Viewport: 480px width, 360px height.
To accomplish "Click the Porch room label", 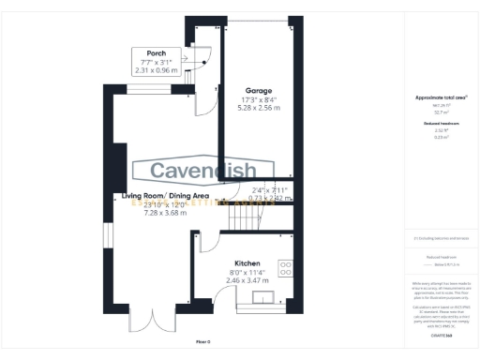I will (x=144, y=52).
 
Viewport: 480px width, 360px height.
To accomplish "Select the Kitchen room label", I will (x=247, y=264).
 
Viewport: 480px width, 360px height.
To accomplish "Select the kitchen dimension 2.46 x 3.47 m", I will (x=247, y=279).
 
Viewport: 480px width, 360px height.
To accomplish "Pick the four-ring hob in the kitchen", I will (x=285, y=269).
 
